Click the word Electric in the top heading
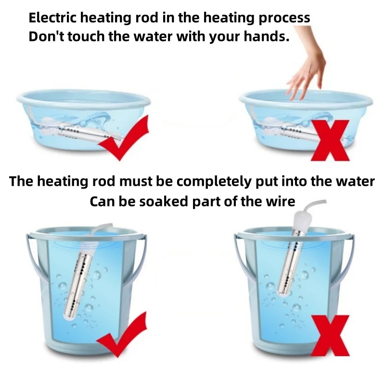53,18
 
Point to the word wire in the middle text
282,202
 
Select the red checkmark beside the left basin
124,139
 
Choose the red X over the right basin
330,141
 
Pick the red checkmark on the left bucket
122,335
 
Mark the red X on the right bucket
330,335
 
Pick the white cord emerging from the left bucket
101,228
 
